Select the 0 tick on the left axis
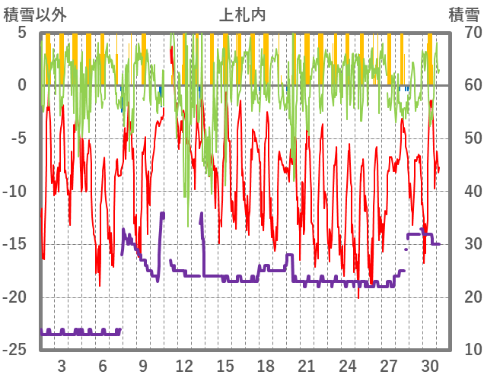pos(22,85)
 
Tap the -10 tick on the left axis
pos(17,191)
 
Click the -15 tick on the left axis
pos(17,244)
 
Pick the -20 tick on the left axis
pos(17,297)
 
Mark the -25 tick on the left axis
pos(17,350)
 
